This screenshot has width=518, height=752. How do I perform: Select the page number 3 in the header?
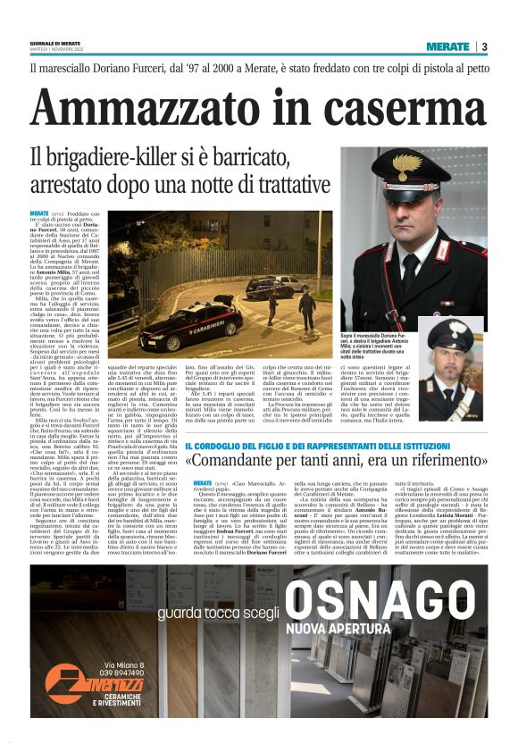483,46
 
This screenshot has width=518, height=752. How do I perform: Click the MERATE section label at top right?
447,46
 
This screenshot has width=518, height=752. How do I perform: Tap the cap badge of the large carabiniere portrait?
409,164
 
